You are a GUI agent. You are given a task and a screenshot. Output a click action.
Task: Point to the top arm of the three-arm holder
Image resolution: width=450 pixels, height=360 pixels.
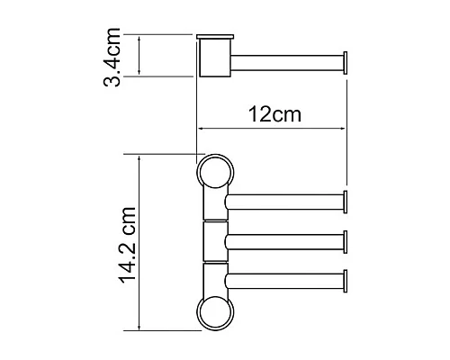pos(283,200)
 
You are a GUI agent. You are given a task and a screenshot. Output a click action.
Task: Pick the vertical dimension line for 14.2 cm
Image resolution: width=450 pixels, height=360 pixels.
pos(139,243)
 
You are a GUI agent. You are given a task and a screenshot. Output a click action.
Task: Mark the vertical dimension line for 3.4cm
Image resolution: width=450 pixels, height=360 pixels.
pos(139,56)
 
